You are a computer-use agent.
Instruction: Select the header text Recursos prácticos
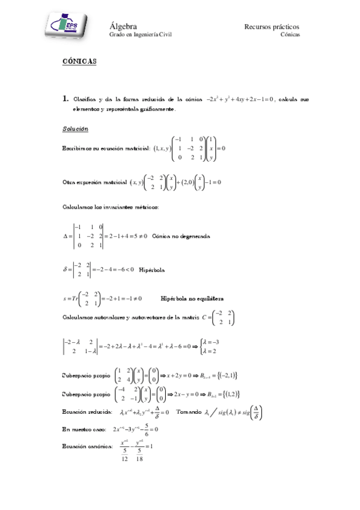tap(272, 26)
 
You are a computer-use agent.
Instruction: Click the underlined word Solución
tap(75, 129)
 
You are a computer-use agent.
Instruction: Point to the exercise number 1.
tap(66, 99)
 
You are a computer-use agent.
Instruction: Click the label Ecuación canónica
tap(87, 446)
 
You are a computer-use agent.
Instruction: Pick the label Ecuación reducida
tap(87, 413)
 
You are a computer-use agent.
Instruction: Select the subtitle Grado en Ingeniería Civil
tap(139, 35)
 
